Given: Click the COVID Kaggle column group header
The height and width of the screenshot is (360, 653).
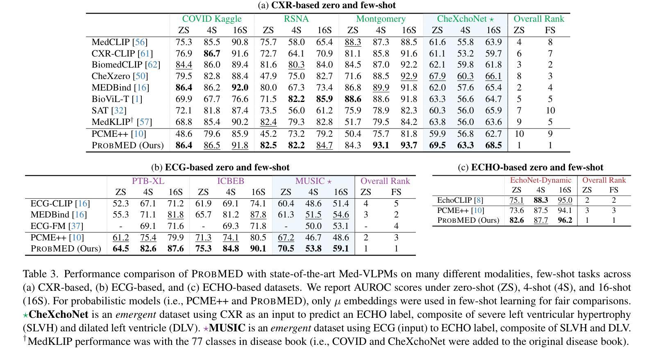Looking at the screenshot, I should tap(212, 19).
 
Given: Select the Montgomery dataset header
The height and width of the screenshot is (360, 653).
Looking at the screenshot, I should tap(381, 19).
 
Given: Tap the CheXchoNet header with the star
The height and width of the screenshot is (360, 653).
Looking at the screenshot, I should tap(465, 19).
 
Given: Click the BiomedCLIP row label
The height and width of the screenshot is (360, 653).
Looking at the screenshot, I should tap(126, 65).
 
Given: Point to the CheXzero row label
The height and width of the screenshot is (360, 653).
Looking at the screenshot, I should tap(120, 76).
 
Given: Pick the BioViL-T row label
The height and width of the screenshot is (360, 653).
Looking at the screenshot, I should tap(117, 99).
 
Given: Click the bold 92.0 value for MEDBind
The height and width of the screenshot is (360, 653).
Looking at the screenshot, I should tap(240, 88).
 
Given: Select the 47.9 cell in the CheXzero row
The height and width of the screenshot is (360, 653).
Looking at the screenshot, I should tap(268, 76).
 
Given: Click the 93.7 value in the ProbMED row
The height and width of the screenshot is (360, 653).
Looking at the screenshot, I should tap(408, 145).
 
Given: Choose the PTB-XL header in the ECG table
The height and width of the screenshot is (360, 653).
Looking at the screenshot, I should tap(148, 181).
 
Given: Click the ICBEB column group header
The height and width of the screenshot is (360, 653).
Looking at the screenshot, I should tap(231, 181).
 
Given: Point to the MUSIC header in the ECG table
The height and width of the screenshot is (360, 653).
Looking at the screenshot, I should tap(313, 181).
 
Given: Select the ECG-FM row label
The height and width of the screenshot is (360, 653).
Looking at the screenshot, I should tap(57, 226).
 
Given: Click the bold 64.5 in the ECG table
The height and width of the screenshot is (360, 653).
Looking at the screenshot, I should tap(120, 249).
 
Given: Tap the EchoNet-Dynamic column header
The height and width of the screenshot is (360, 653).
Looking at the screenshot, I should tap(540, 180).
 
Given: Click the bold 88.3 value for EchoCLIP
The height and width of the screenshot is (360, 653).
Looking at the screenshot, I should tap(541, 200).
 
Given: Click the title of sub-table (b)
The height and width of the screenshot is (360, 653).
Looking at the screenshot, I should tap(220, 168).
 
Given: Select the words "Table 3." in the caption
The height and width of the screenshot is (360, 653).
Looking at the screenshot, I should tap(41, 274).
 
